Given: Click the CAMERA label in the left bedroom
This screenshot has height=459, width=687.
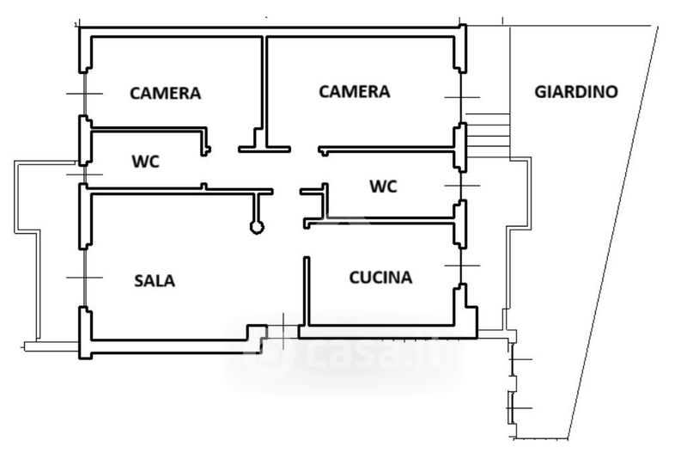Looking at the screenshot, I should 165,93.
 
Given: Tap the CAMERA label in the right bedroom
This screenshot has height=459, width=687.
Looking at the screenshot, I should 354,91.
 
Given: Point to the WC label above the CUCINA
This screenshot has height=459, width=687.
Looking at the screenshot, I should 383,186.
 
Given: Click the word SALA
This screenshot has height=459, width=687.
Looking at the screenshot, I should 155,280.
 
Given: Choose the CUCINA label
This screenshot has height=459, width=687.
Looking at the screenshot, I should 380,278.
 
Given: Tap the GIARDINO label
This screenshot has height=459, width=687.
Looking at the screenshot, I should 575,91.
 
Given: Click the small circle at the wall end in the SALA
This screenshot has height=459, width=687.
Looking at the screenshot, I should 256,227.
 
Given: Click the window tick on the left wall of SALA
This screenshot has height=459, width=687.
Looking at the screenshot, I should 83,277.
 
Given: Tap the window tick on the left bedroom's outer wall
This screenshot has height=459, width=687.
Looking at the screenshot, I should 83,93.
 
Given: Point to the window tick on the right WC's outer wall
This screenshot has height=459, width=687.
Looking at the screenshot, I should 463,186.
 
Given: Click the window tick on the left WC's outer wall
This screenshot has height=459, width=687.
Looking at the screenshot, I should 83,174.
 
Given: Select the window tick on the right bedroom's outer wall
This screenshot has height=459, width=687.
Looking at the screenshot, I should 462,97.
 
